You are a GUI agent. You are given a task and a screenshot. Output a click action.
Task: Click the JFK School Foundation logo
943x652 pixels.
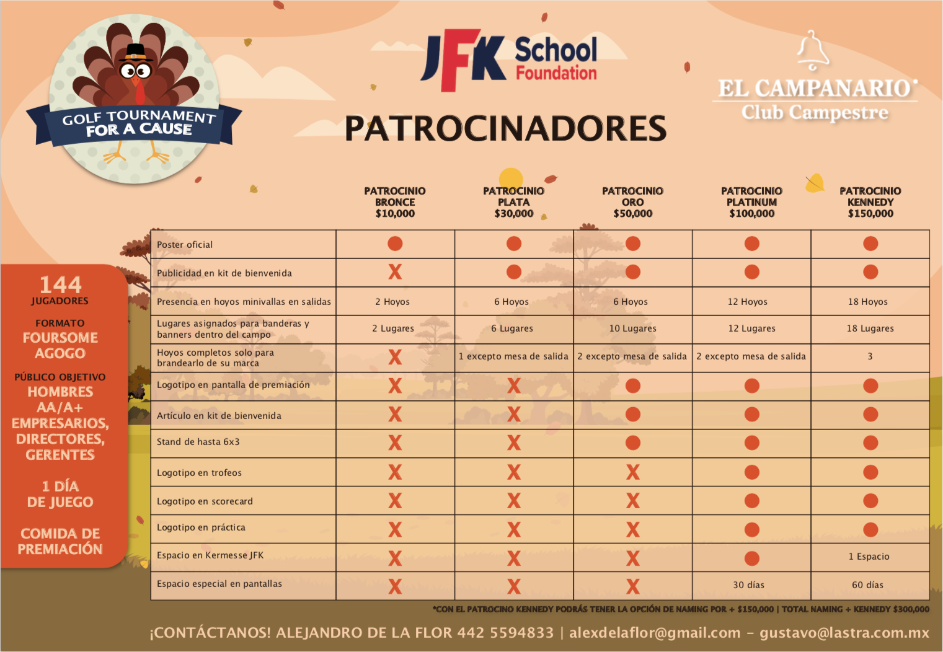[x=509, y=60]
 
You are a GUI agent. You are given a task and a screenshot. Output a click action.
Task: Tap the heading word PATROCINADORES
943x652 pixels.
[x=505, y=128]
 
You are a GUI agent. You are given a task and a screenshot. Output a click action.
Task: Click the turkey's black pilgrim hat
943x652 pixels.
[x=136, y=52]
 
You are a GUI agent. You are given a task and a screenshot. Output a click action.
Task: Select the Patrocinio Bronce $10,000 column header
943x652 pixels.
[x=395, y=202]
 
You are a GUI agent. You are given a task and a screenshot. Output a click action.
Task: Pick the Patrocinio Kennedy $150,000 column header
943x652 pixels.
[x=870, y=202]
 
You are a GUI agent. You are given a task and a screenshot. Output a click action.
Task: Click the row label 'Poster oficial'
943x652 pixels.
[x=185, y=245]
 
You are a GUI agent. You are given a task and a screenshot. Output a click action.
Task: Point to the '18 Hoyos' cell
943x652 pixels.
[x=867, y=302]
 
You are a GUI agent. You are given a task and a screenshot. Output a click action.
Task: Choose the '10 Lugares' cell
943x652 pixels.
[x=632, y=328]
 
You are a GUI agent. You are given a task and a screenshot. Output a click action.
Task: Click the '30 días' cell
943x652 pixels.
[x=748, y=585]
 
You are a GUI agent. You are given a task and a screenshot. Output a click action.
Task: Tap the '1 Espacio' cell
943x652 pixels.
[x=869, y=557]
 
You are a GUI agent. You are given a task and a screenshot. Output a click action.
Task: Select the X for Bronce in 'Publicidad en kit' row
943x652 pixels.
[x=395, y=272]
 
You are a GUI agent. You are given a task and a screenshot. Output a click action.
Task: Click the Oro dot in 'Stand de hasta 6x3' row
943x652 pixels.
[x=633, y=443]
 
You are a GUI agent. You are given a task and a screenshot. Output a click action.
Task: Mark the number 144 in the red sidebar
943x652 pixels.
[x=60, y=284]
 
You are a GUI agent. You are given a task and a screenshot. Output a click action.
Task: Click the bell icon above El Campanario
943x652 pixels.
[x=813, y=50]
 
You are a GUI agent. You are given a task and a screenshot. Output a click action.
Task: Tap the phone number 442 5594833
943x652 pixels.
[x=505, y=633]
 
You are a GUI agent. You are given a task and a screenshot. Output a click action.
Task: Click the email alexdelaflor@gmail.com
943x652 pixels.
[x=655, y=633]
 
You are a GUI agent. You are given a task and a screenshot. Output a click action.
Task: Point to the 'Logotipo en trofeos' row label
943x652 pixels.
[x=199, y=473]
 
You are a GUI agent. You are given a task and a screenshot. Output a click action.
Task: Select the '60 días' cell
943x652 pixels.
[x=867, y=585]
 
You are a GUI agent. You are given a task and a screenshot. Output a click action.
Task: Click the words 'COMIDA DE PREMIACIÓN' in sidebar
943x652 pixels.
[x=60, y=541]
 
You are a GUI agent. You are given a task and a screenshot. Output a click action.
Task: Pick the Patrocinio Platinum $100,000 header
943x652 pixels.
[x=751, y=202]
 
